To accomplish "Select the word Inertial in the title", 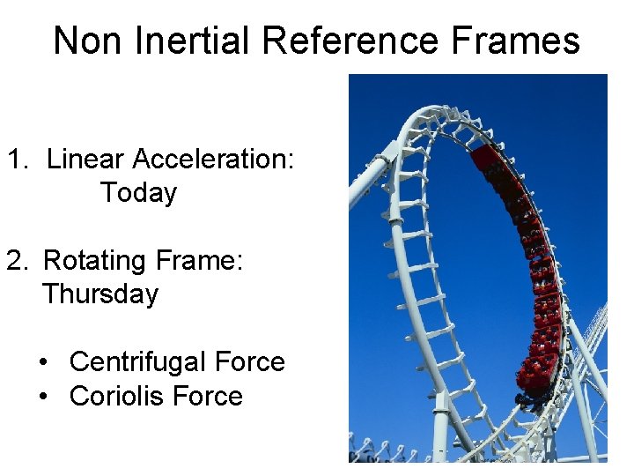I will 182,41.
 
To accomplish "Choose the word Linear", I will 85,160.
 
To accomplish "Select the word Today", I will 138,193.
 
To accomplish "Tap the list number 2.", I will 18,261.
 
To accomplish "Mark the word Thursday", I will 100,294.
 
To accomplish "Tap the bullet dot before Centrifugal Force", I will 43,363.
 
